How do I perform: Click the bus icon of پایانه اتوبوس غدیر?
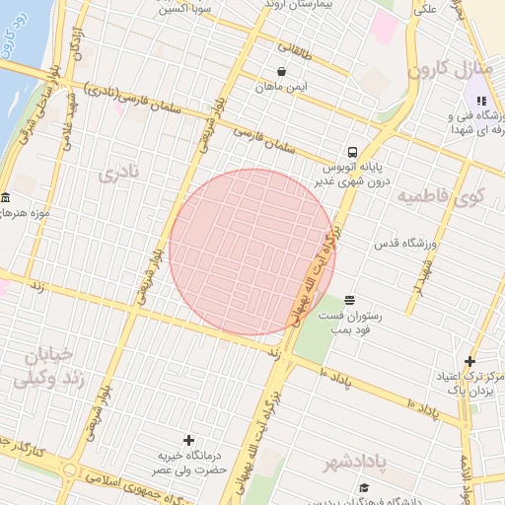[352, 152]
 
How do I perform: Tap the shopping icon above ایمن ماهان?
[283, 71]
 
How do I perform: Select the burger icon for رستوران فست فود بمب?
[349, 299]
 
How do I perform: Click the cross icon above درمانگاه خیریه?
[188, 439]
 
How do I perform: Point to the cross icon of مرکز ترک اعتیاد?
[469, 362]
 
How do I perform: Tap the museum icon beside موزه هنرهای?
[6, 196]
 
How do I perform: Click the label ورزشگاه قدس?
[405, 243]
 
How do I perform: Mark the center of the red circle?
[252, 252]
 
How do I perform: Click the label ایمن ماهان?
[284, 87]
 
